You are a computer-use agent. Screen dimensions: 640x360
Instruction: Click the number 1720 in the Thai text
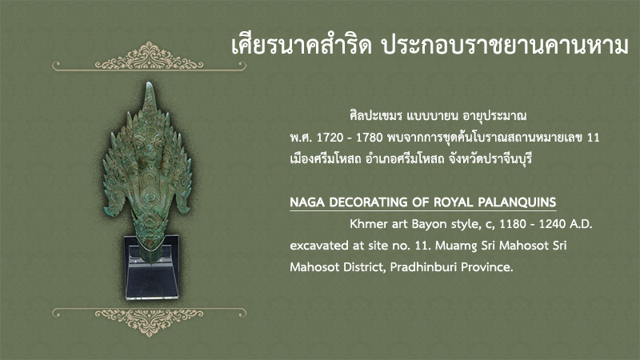[x=330, y=138]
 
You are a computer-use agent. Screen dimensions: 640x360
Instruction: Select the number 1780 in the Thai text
[x=370, y=138]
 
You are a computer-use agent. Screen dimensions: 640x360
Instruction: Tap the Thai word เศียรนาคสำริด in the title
[x=302, y=45]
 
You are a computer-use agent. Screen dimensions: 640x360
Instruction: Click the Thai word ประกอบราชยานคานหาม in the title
[x=505, y=45]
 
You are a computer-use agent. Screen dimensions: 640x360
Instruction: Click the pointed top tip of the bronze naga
[x=150, y=83]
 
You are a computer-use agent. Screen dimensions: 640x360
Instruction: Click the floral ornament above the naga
[x=149, y=56]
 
